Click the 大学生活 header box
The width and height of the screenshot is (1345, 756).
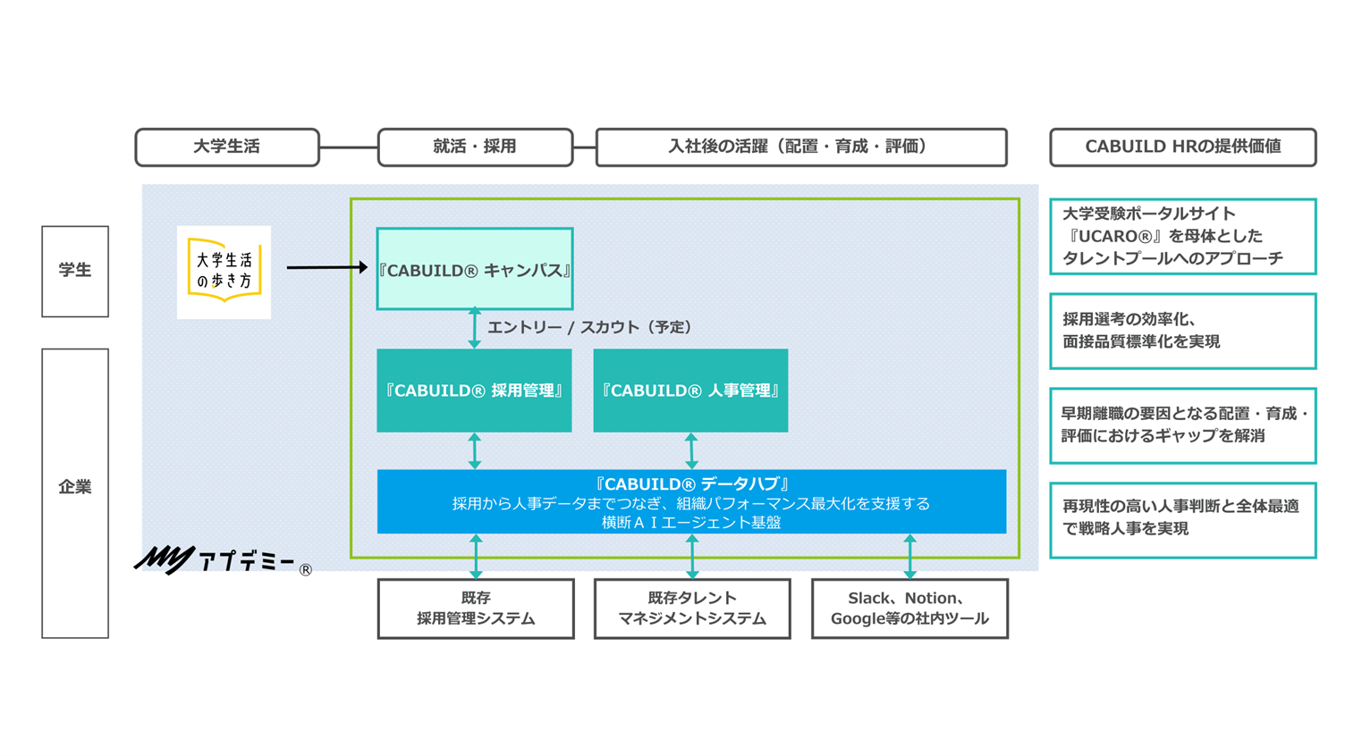tap(227, 147)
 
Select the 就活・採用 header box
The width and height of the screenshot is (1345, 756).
tap(475, 147)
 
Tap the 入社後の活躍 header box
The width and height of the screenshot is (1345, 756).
tap(800, 147)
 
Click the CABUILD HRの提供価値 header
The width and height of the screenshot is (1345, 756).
tap(1182, 147)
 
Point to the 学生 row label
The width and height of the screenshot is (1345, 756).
tap(75, 271)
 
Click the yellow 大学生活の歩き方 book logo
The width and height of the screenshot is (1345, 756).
tap(224, 272)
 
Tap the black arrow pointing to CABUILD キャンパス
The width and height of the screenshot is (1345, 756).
tap(326, 267)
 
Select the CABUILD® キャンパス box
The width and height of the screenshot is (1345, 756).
tap(475, 269)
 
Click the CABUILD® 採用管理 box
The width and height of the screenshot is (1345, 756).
tap(474, 391)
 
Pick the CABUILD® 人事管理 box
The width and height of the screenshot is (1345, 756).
tap(690, 391)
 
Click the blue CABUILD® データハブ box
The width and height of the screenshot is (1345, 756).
tap(691, 501)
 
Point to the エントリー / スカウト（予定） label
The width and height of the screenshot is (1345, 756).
tap(589, 328)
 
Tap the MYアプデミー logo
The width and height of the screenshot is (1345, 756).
tap(222, 562)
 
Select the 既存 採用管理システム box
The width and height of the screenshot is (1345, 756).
tap(476, 609)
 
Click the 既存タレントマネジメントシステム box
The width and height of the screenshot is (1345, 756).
tap(692, 609)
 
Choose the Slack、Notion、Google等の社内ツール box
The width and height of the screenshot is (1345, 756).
tap(909, 609)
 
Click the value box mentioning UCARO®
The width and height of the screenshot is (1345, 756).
tap(1182, 237)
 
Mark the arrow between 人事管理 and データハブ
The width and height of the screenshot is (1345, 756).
tap(691, 451)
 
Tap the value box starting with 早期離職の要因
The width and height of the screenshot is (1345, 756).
tap(1182, 425)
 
